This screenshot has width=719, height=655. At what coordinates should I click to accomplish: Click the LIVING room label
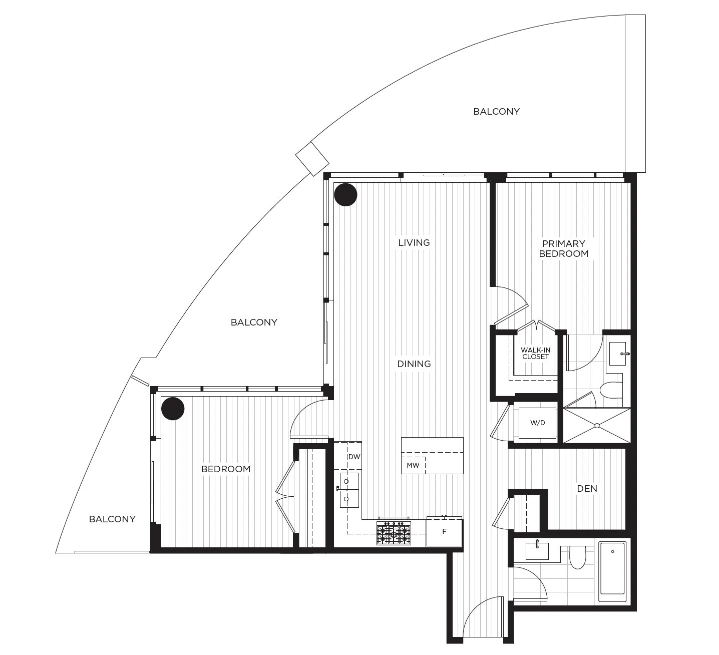414,243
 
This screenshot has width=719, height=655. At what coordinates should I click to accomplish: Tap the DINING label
414,364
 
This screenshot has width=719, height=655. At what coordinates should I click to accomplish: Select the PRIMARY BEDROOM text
563,248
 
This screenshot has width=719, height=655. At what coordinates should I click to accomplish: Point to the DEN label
587,488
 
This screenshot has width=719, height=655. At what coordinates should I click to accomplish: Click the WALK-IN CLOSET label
535,353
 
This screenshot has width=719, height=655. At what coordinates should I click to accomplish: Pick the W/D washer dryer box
538,423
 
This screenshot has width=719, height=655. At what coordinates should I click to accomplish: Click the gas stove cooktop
394,533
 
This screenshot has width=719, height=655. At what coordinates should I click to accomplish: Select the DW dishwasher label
354,457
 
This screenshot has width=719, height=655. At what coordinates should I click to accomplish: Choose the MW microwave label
413,465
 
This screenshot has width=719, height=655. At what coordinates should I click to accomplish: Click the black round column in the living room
345,195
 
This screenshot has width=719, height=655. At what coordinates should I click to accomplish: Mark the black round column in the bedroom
173,408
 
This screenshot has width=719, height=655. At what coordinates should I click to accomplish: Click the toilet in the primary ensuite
611,390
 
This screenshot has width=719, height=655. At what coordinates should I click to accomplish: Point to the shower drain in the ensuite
597,426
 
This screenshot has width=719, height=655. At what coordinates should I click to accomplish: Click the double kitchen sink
346,490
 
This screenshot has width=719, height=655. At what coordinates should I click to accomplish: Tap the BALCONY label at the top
496,112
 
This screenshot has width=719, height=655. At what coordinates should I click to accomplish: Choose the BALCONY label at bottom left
112,519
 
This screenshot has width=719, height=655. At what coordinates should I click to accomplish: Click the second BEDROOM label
226,469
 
